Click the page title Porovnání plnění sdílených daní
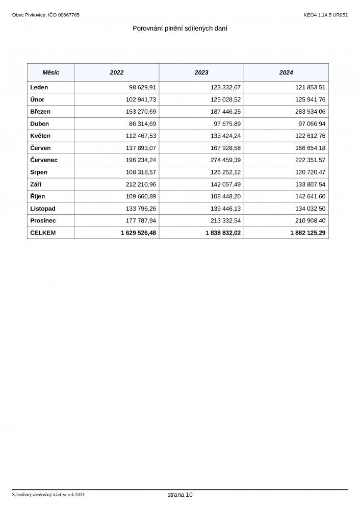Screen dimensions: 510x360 click(x=179, y=28)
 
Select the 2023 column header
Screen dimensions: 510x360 click(x=201, y=72)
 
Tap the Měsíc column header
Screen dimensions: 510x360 click(x=50, y=72)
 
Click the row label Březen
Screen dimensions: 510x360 click(x=40, y=112)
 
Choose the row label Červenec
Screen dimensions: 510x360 click(x=44, y=160)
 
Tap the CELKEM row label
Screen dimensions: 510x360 click(x=43, y=233)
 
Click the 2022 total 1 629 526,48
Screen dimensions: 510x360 click(x=138, y=233)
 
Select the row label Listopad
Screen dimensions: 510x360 click(x=43, y=209)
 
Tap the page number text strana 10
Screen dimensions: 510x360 click(x=180, y=495)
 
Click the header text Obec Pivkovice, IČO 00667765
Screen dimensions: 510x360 click(x=46, y=15)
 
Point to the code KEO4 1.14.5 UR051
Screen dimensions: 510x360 click(x=325, y=15)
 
